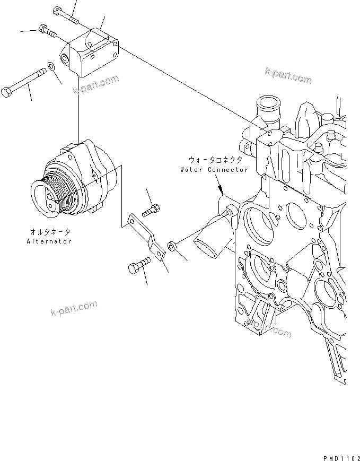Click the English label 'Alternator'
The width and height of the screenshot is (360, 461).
pyautogui.click(x=49, y=241)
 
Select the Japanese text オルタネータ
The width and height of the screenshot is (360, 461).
pyautogui.click(x=49, y=232)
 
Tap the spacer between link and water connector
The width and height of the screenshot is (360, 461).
pyautogui.click(x=172, y=246)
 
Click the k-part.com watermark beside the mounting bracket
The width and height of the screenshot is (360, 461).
pyautogui.click(x=96, y=85)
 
